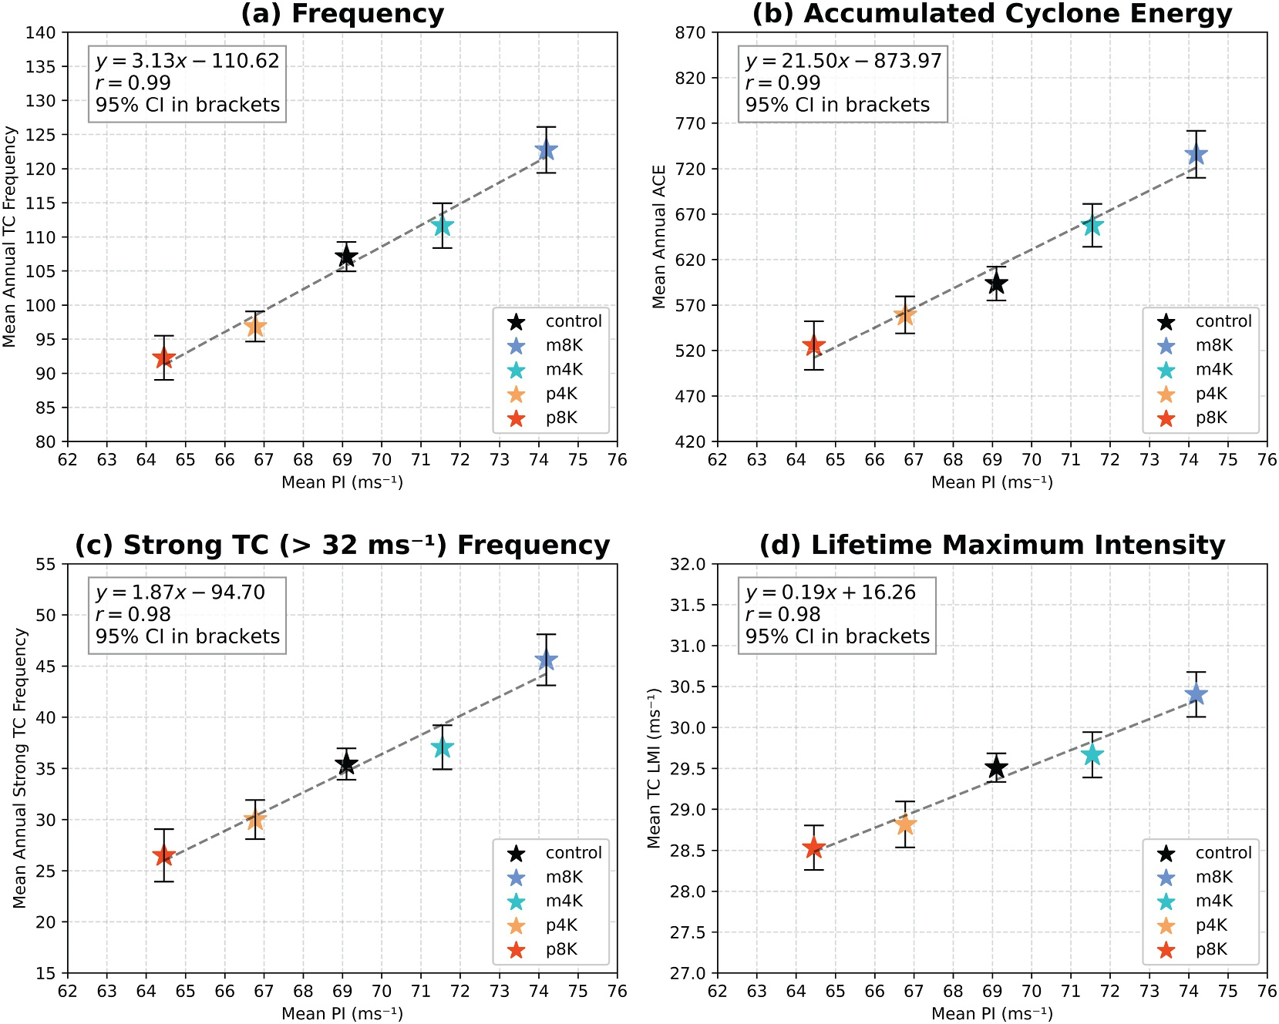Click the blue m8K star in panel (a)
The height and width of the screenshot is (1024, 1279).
tap(546, 150)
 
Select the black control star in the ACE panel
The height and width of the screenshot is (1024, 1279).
tap(996, 284)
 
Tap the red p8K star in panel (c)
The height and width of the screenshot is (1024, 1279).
tap(163, 856)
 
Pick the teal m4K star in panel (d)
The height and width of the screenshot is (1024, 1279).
tap(1091, 755)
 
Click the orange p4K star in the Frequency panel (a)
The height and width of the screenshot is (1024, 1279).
tap(255, 327)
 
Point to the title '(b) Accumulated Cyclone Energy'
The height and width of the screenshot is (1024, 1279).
tap(992, 14)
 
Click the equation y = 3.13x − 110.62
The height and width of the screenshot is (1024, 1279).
tap(187, 61)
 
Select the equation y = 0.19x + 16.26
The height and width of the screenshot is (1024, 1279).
tap(830, 593)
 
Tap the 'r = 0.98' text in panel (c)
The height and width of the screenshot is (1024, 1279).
tap(133, 614)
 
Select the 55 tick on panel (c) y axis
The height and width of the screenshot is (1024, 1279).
tap(46, 564)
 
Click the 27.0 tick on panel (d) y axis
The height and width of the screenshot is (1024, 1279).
tap(688, 973)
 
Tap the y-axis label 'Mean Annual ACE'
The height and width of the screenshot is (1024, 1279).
tap(659, 237)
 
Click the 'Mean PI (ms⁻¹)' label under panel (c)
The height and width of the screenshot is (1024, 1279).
tap(342, 1013)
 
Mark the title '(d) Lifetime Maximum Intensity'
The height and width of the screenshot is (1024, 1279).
tap(992, 546)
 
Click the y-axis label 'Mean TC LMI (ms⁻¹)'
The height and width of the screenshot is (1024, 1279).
tap(655, 768)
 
